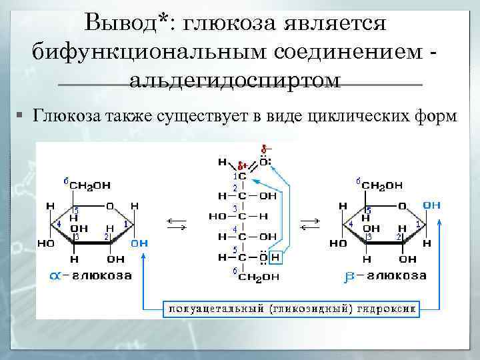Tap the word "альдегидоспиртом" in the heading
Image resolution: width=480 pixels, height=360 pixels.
(235, 81)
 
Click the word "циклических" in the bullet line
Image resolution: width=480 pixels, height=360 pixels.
(359, 116)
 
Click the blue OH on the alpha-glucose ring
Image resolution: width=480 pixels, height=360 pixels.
(139, 243)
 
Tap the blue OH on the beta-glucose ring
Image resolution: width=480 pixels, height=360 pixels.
(431, 205)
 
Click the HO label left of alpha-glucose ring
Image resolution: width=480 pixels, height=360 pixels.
(46, 243)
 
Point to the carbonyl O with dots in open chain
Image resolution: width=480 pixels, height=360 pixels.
(265, 161)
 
